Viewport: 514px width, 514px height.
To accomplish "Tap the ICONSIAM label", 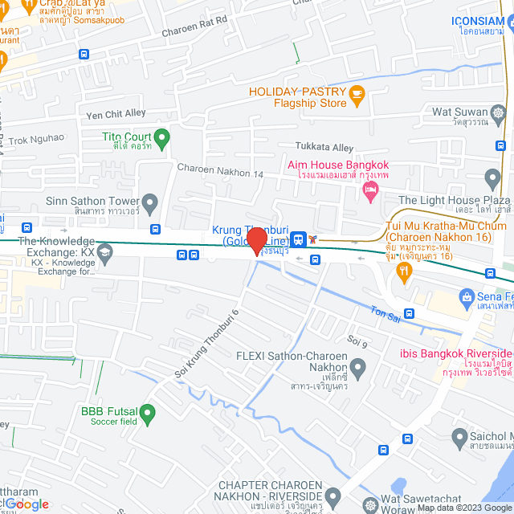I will [482, 20].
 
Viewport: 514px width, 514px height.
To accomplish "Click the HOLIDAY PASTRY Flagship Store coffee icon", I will [357, 97].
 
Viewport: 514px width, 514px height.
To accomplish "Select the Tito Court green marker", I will [161, 138].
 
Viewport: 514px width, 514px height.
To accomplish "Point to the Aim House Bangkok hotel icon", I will [370, 191].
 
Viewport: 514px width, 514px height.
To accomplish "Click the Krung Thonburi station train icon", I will [298, 239].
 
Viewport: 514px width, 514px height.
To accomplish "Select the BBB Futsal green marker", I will [147, 414].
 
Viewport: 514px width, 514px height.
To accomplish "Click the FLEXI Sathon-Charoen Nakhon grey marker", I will [357, 369].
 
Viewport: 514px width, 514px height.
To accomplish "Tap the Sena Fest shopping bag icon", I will [466, 299].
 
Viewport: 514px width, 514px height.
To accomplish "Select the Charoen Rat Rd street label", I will [194, 33].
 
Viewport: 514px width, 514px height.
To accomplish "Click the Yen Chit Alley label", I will [116, 114].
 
